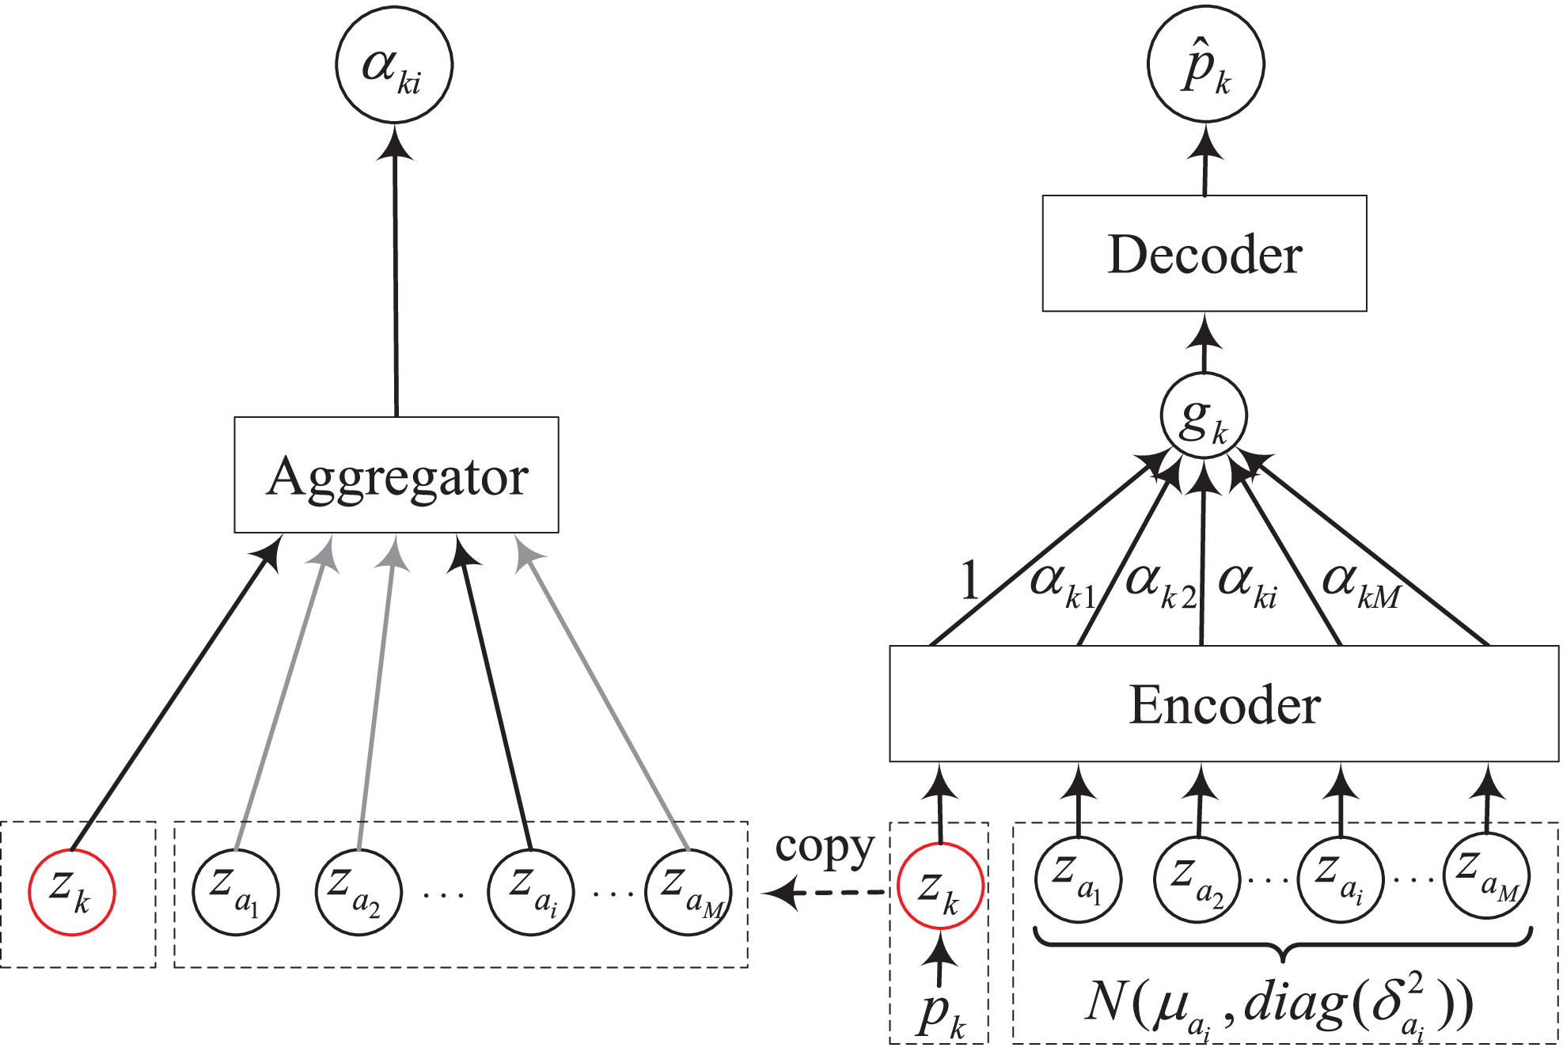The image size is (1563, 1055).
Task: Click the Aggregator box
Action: (x=396, y=475)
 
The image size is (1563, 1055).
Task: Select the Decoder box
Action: (x=1204, y=253)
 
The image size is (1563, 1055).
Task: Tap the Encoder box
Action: (x=1223, y=704)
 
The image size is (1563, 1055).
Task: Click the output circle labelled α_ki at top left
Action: (x=394, y=65)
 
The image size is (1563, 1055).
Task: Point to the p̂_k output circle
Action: (x=1205, y=65)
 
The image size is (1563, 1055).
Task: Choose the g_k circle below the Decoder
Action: (x=1204, y=416)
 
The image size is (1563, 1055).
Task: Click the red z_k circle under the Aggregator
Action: (x=72, y=892)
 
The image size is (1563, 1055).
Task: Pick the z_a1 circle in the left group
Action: (x=236, y=892)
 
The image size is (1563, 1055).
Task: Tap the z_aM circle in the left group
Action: (x=689, y=892)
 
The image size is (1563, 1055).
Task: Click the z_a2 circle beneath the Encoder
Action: (x=1197, y=879)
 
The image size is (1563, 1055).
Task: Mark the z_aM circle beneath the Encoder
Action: (x=1486, y=875)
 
